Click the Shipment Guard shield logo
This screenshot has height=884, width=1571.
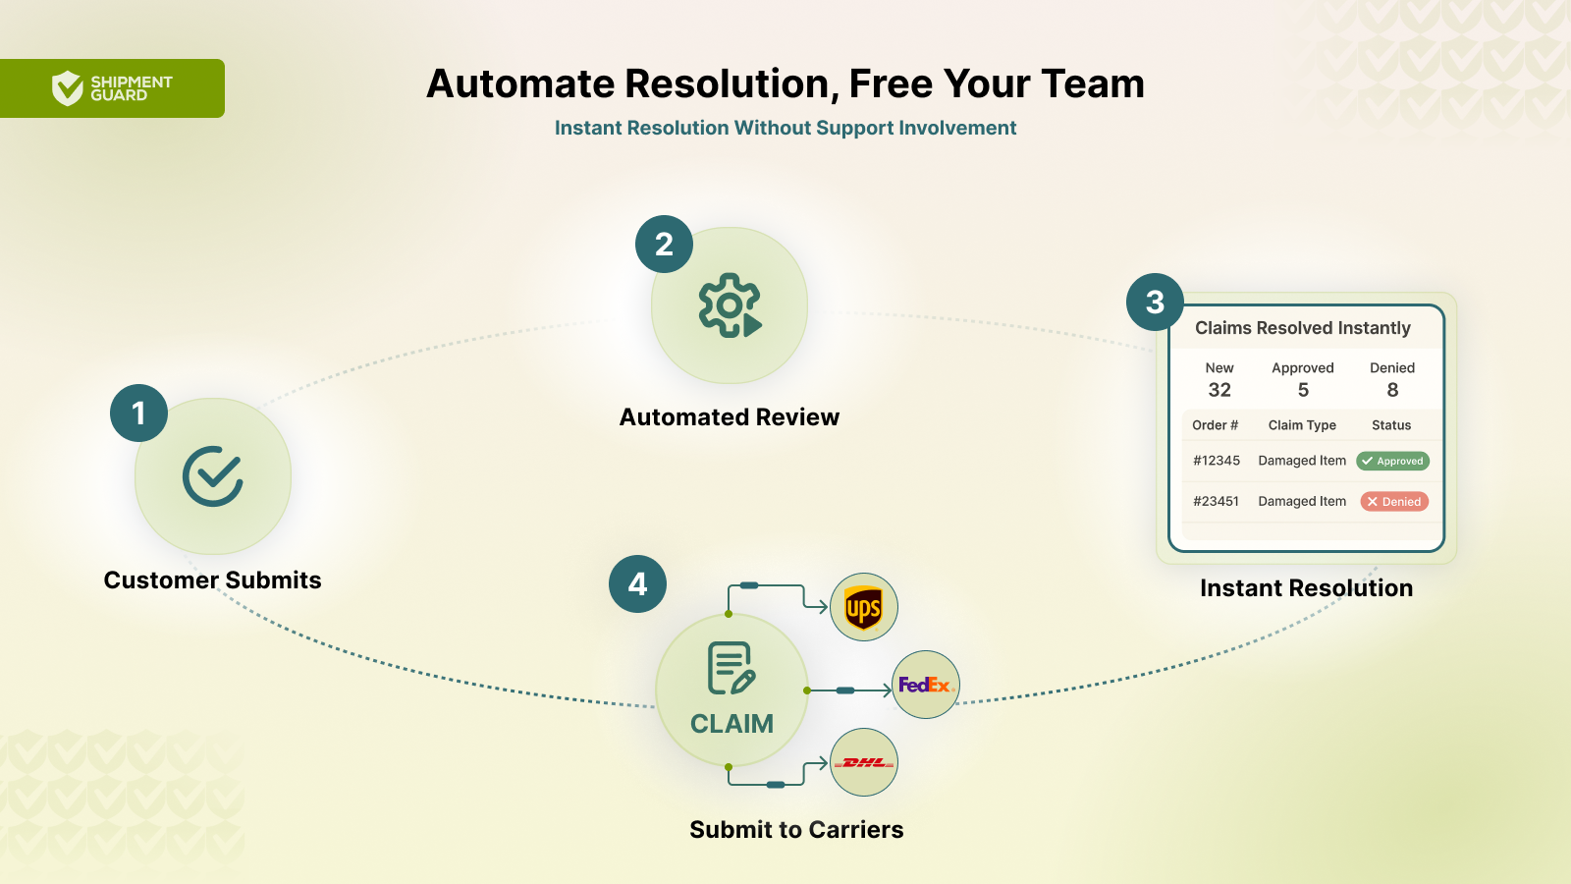pos(68,88)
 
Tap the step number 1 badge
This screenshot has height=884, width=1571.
pos(138,414)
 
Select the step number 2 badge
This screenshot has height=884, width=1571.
pos(664,245)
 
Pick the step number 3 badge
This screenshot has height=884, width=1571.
pos(1155,303)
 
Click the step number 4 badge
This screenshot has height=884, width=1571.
pos(637,583)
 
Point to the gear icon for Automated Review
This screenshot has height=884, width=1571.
pos(730,305)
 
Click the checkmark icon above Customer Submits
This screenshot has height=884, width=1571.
pos(213,476)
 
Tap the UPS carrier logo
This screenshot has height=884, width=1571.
pos(863,608)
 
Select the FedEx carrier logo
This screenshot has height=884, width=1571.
pos(926,685)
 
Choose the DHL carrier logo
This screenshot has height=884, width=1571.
pos(863,762)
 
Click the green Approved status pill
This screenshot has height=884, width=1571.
pos(1393,461)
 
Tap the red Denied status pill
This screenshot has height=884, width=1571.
pos(1394,502)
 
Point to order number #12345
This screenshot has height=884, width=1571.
pos(1217,461)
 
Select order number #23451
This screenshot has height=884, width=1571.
pos(1217,502)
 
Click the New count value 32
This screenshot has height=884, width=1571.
pos(1219,390)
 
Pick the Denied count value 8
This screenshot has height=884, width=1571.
pos(1393,390)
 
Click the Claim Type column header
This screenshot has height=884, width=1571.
pos(1302,425)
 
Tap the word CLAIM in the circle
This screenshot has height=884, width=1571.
pos(731,724)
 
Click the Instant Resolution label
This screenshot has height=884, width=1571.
pos(1307,588)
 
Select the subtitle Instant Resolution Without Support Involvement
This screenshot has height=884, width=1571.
pos(785,128)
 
